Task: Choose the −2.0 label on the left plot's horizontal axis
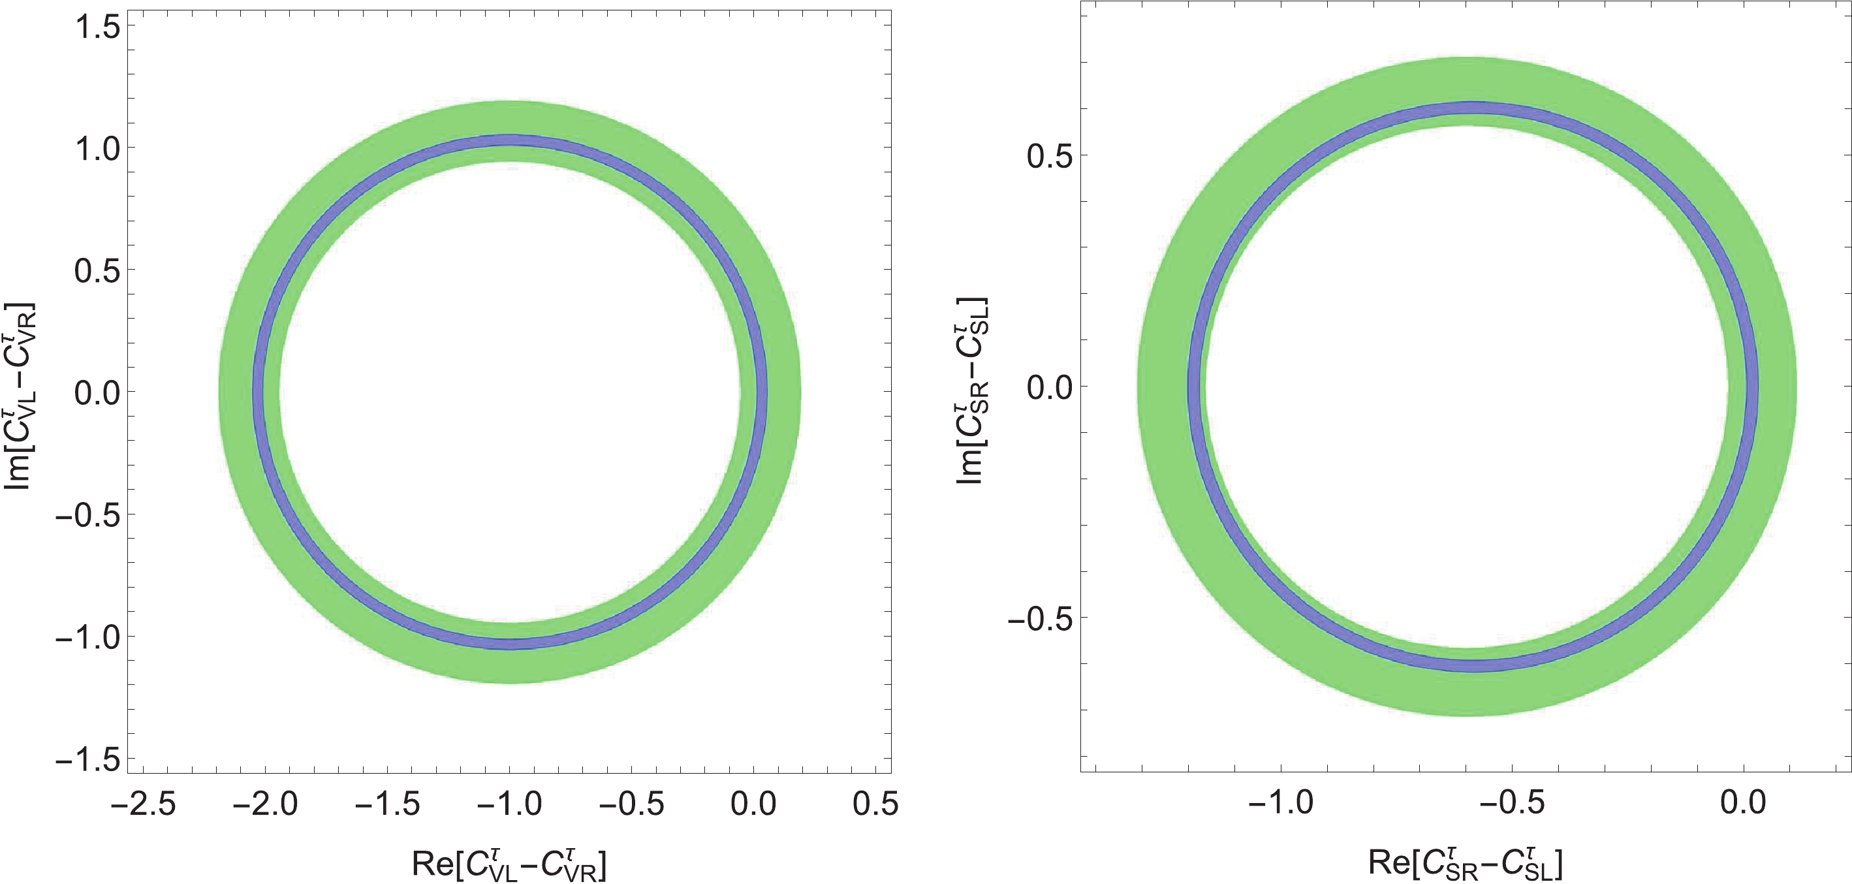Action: pyautogui.click(x=264, y=804)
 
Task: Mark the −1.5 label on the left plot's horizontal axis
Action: pyautogui.click(x=387, y=804)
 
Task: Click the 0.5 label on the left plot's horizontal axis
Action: pyautogui.click(x=875, y=804)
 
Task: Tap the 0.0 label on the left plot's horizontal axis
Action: pyautogui.click(x=753, y=804)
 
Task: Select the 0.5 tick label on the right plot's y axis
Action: pyautogui.click(x=1050, y=155)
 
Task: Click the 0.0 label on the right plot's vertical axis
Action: pyautogui.click(x=1050, y=387)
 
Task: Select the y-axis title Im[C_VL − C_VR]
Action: pyautogui.click(x=20, y=396)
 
